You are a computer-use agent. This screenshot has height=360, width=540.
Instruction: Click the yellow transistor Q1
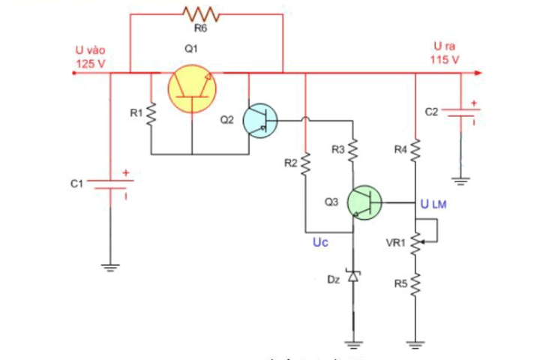193,88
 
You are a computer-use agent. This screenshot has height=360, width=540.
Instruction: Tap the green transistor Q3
365,202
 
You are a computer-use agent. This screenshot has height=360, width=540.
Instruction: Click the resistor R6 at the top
199,13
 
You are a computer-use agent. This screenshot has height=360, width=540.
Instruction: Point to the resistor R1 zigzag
151,113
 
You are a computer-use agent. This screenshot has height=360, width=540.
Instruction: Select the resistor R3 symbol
353,150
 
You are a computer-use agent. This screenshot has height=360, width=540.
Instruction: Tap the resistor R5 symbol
415,283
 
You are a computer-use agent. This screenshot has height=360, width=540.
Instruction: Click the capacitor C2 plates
460,112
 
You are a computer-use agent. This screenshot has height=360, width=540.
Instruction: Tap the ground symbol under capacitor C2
460,180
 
